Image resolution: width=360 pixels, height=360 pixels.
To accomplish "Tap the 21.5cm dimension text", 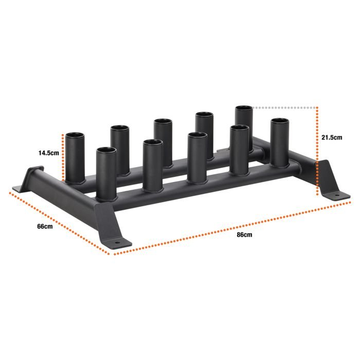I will click(332, 138).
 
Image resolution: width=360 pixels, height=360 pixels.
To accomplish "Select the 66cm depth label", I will click(45, 227).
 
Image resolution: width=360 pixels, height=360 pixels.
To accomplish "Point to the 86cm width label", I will click(244, 235).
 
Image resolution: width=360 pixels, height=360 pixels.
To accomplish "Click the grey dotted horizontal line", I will click(285, 108).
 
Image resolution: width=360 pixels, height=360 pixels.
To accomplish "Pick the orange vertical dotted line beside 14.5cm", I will click(63, 157).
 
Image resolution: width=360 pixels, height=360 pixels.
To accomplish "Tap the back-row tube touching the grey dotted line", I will click(244, 126).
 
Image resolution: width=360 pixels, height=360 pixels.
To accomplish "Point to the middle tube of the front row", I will click(197, 157).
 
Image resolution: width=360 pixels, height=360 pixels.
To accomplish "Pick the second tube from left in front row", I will click(153, 165).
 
